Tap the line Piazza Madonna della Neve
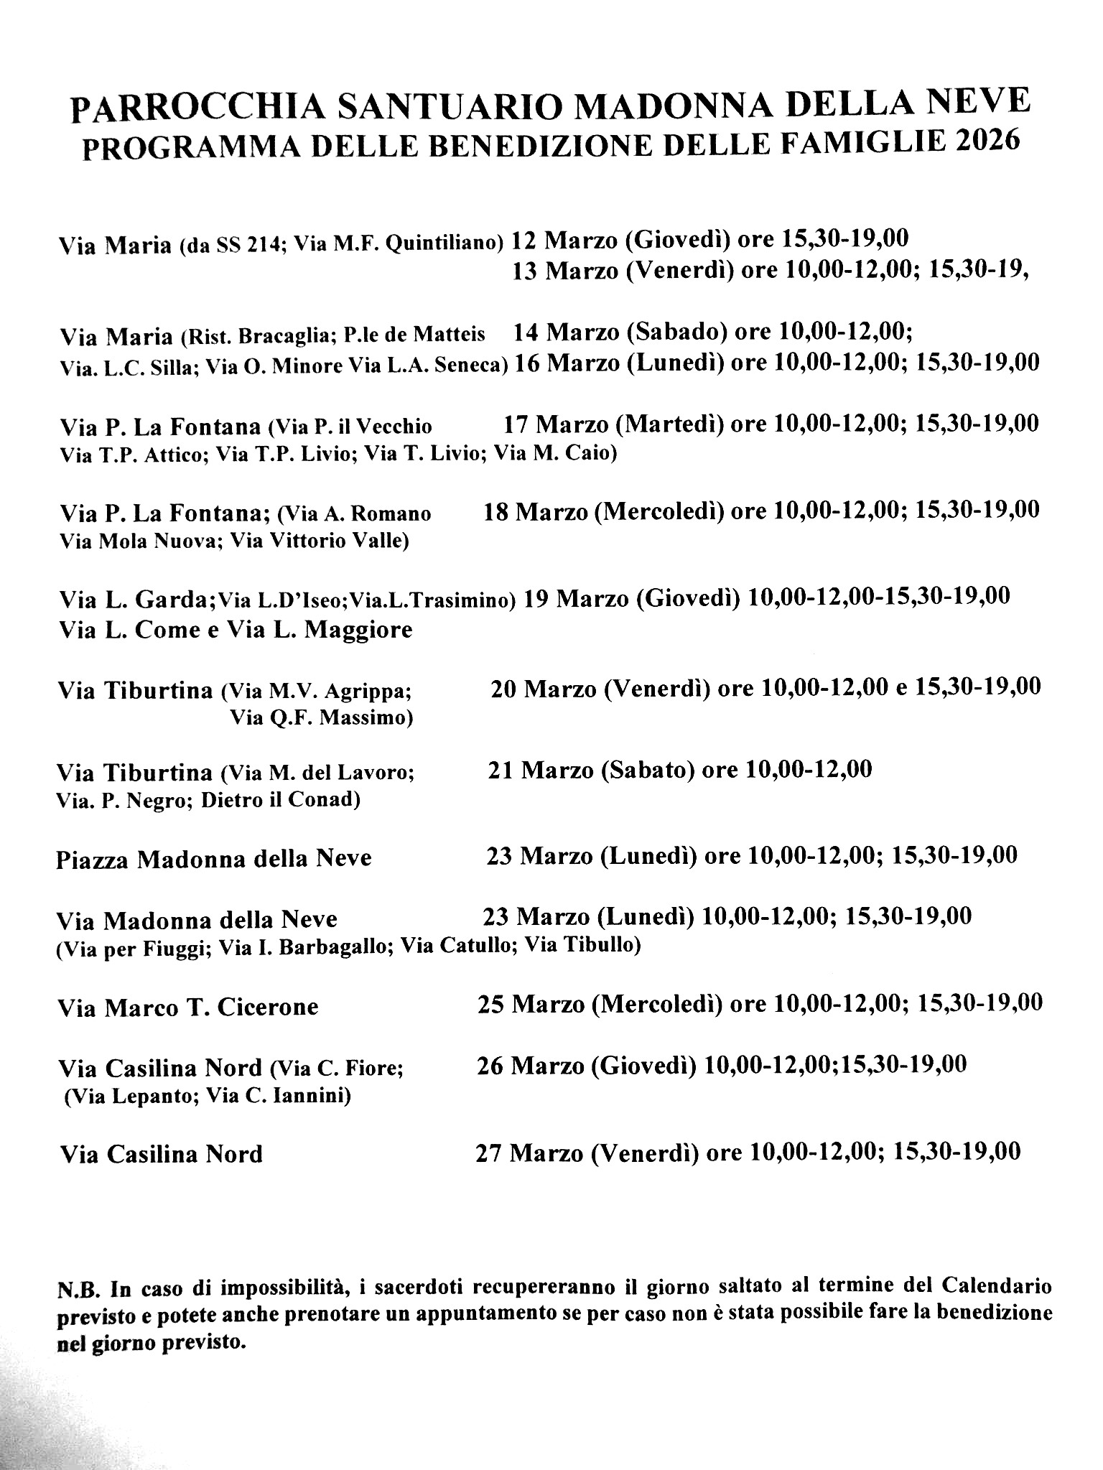(x=214, y=858)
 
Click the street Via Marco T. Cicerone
(x=189, y=1007)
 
